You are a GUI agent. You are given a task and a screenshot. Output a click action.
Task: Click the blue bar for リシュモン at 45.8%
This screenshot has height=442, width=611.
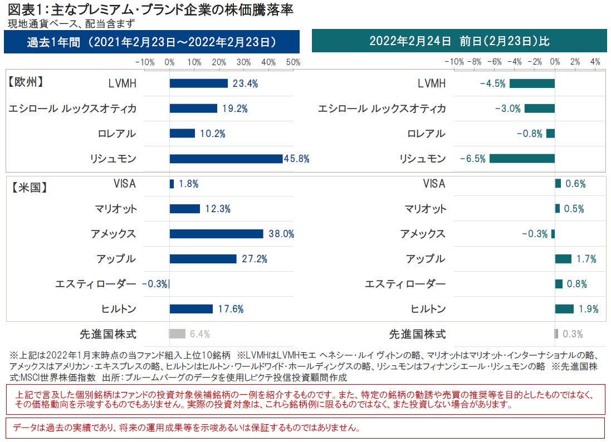[x=226, y=159]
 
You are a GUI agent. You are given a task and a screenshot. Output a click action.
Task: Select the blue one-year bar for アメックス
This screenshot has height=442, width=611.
[x=216, y=234]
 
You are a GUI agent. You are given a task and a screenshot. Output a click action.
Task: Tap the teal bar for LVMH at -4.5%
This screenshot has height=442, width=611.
[x=532, y=84]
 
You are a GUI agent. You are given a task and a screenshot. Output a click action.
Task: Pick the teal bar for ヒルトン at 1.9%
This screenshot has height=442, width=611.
[x=564, y=309]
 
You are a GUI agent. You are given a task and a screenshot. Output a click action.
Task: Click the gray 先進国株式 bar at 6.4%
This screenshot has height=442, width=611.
[x=177, y=334]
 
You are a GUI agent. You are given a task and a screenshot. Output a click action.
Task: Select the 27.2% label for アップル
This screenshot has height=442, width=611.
[x=254, y=259]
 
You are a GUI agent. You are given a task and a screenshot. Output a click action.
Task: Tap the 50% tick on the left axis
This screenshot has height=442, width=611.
[x=293, y=61]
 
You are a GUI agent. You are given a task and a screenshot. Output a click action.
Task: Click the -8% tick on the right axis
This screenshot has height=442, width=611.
[x=475, y=61]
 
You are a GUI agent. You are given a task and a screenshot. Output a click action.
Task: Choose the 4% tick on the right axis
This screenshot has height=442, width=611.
[x=595, y=61]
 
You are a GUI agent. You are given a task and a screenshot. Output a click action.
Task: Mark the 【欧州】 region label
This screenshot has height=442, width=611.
[x=26, y=81]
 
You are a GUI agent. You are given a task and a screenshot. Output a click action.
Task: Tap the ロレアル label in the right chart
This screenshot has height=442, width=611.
[x=427, y=134]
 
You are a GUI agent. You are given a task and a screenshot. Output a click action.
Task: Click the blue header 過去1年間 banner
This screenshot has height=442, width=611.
[x=151, y=42]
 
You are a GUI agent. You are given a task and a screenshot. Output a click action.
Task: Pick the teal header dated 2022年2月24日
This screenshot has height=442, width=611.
[x=459, y=42]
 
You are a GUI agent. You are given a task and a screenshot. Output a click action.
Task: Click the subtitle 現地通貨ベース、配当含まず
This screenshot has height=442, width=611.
[x=71, y=23]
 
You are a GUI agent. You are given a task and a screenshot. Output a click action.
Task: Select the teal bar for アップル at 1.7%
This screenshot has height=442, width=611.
[x=563, y=259]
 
